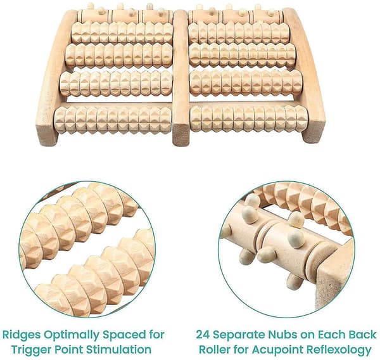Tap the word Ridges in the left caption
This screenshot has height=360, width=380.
[22, 335]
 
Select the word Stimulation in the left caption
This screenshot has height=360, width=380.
[119, 350]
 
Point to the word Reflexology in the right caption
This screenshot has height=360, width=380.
[339, 350]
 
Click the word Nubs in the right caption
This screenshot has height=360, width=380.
[283, 335]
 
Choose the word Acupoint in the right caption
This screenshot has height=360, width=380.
[278, 350]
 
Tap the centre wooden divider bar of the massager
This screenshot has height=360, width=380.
[180, 77]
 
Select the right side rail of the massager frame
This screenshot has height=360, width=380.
[307, 75]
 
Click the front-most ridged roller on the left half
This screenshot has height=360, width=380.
[113, 120]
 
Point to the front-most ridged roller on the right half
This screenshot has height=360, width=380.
[249, 119]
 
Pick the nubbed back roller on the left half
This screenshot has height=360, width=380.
[125, 15]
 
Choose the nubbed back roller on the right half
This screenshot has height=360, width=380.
[236, 15]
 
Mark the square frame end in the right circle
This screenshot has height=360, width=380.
[336, 274]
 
